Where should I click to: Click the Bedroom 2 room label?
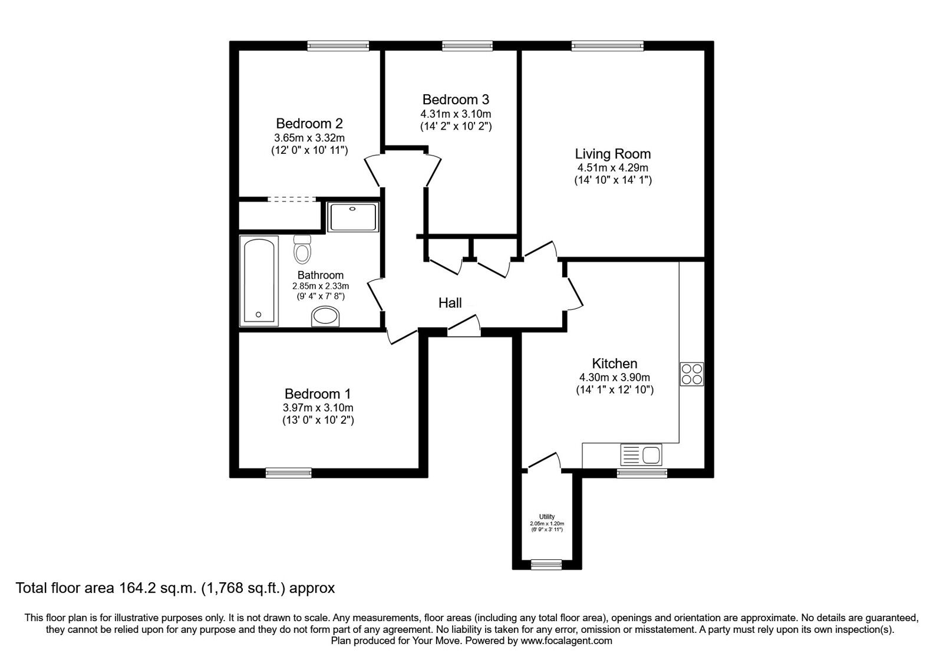[x=309, y=123]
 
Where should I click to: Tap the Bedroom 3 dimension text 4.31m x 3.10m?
[x=456, y=114]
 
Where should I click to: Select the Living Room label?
[x=613, y=154]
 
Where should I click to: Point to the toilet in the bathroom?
[x=302, y=249]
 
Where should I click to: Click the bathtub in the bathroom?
[x=259, y=280]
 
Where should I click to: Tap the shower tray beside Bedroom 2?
[x=353, y=217]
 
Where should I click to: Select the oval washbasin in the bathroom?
[x=325, y=316]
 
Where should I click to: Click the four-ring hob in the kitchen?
[x=692, y=374]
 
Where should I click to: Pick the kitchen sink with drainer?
[x=641, y=455]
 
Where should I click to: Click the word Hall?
[x=450, y=303]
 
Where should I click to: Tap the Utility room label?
[x=547, y=516]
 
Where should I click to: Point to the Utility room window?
[x=546, y=565]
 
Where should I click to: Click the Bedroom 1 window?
[x=289, y=473]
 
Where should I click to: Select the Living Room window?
[x=608, y=46]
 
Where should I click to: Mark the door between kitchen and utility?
[x=545, y=460]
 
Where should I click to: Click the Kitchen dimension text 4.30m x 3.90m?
[x=615, y=378]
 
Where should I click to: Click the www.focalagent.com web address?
[x=566, y=641]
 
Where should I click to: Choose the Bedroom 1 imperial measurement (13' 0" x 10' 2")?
[x=318, y=420]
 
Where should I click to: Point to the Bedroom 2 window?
[x=338, y=46]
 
